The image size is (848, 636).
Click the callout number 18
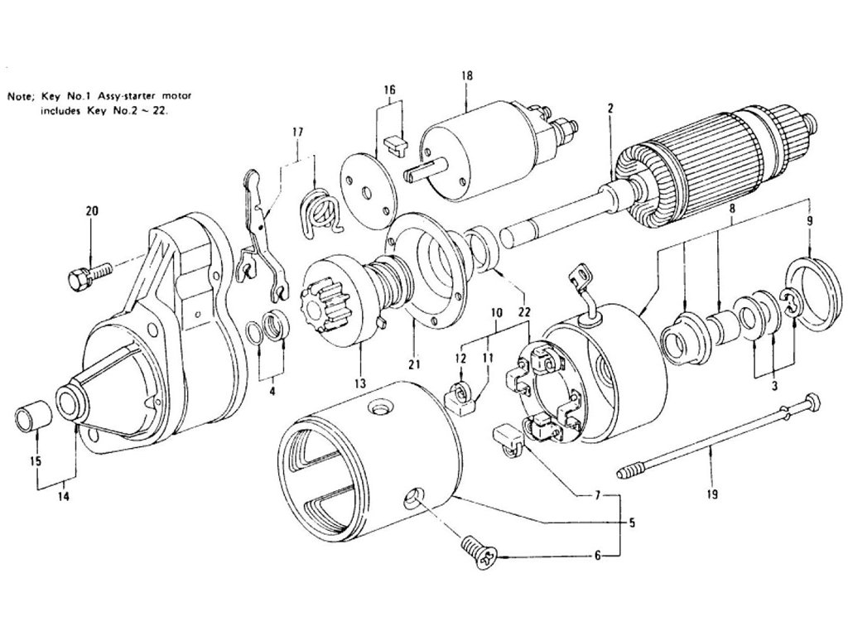click(x=467, y=75)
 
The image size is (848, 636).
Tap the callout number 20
click(x=92, y=211)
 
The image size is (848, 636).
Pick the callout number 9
click(x=809, y=221)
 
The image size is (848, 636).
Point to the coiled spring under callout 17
click(x=318, y=208)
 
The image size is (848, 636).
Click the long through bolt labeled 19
click(x=712, y=439)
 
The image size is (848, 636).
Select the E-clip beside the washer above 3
click(x=789, y=304)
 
